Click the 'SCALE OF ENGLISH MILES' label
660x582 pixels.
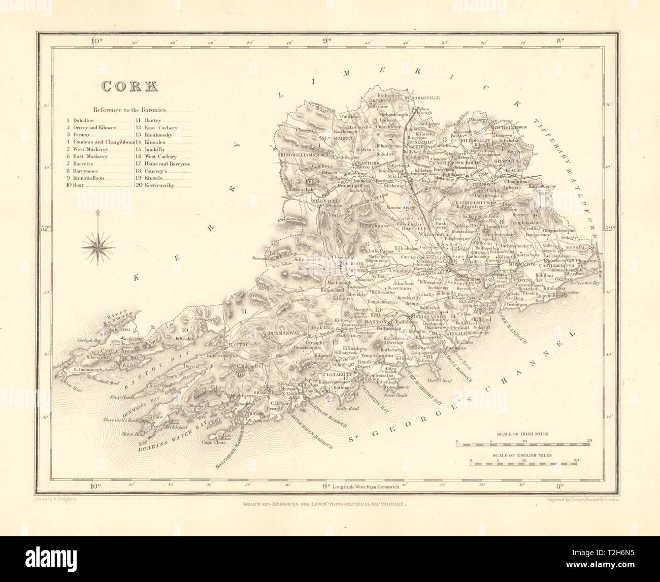522,456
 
